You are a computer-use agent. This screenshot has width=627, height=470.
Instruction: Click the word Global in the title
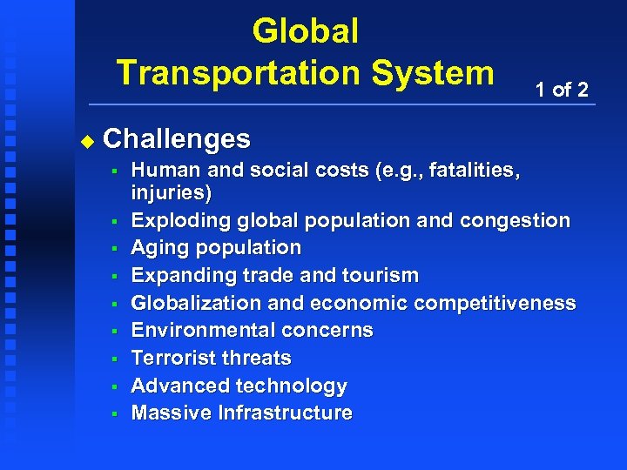click(305, 32)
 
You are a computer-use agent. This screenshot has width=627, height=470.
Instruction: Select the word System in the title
click(434, 71)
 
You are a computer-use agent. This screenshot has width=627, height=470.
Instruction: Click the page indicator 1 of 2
click(562, 89)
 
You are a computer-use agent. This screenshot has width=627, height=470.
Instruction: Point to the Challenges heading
click(177, 138)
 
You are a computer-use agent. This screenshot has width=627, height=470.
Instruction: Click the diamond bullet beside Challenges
click(85, 139)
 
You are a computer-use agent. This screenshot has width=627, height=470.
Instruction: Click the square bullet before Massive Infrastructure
click(114, 413)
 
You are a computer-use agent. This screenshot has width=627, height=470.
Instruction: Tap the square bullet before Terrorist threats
click(114, 358)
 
